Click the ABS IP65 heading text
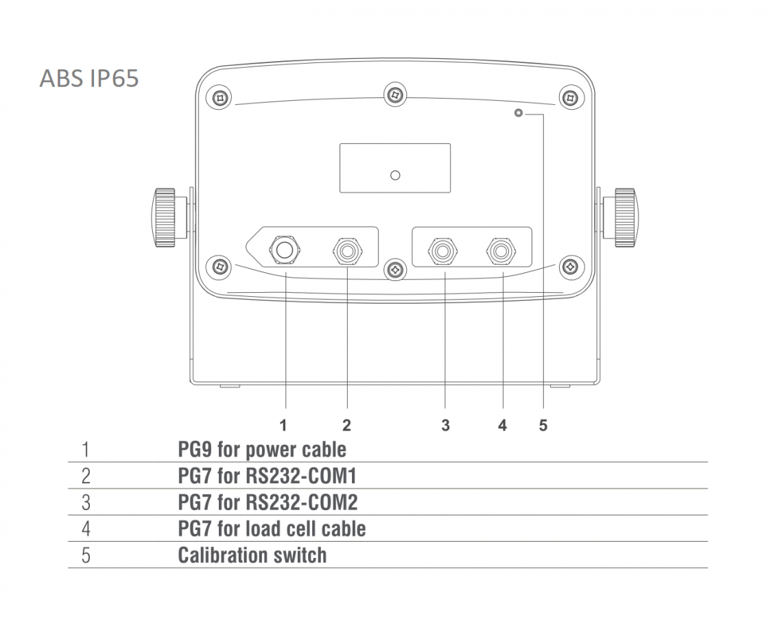coord(88,78)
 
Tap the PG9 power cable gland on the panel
coord(284,249)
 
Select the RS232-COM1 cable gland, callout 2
coord(347,251)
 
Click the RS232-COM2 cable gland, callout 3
coord(442,251)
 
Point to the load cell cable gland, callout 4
coord(501,251)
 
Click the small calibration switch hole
coord(518,113)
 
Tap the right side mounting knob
coord(620,217)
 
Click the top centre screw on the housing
coord(395,94)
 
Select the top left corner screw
coord(220,97)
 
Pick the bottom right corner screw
coord(570,267)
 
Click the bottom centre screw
coord(395,269)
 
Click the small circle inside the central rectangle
coord(395,176)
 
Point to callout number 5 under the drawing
coord(543,426)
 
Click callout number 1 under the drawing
coord(283,426)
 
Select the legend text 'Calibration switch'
coord(252,555)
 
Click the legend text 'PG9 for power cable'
coord(262,450)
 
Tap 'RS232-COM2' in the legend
coord(302,503)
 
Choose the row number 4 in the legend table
coord(86,529)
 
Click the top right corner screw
coord(570,97)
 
